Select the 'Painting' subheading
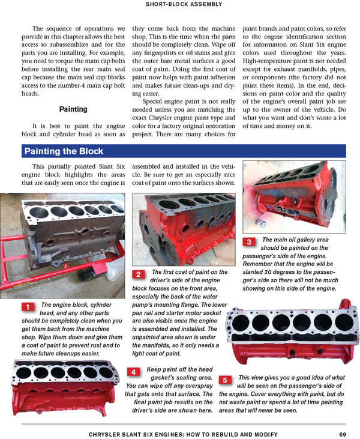click(x=73, y=109)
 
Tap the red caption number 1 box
click(x=28, y=307)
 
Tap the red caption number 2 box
click(x=138, y=274)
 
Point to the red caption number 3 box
click(x=249, y=242)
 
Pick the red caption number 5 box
click(x=224, y=380)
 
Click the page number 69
click(x=342, y=434)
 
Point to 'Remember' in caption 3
click(x=262, y=264)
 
